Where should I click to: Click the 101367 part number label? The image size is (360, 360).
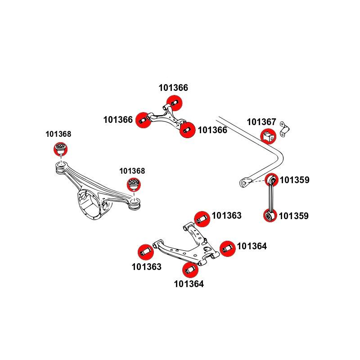(261, 122)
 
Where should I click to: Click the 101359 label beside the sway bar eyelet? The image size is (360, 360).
(295, 180)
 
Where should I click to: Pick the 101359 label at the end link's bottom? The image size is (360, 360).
(294, 216)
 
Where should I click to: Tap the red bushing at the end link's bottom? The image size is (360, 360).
(270, 216)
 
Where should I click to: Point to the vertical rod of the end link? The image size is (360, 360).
(270, 198)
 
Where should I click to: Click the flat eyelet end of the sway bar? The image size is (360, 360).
(245, 182)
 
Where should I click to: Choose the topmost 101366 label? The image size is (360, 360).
(173, 88)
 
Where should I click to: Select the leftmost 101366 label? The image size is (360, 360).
(118, 120)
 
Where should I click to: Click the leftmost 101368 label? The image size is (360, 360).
(58, 134)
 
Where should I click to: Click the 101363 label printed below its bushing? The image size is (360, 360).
(146, 267)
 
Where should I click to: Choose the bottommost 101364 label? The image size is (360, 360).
(189, 284)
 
